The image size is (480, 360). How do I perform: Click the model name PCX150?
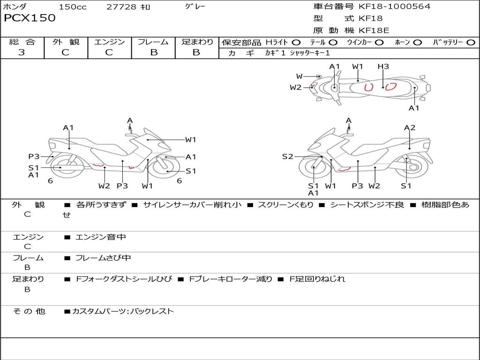(30, 18)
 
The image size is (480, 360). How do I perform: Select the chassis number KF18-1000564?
(394, 6)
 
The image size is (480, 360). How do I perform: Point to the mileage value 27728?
(121, 7)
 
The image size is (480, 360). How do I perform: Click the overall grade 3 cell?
(22, 52)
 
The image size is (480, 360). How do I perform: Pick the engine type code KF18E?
(374, 31)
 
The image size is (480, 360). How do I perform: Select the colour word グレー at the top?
(195, 7)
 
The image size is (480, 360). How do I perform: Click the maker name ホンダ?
(15, 7)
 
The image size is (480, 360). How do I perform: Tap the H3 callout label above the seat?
(383, 67)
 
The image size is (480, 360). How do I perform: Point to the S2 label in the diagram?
(287, 157)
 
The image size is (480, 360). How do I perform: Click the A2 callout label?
(410, 127)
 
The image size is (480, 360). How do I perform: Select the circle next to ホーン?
(418, 42)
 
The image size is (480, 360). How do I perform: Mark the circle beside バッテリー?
(471, 42)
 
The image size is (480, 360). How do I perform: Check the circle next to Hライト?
(296, 42)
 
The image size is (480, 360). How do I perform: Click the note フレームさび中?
(103, 258)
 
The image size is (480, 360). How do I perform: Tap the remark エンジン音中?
(101, 237)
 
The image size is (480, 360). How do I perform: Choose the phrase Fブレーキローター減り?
(231, 279)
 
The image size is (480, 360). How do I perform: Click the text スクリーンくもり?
(285, 205)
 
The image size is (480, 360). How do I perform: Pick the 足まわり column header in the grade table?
(197, 42)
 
